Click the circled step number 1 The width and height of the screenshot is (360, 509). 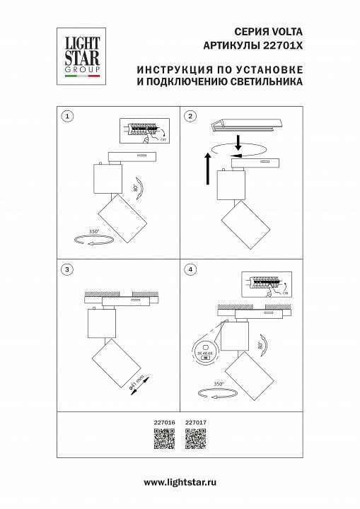point(66,115)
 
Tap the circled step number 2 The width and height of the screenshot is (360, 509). point(190,115)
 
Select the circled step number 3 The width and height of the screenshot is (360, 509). point(66,269)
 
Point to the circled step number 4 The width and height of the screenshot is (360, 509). point(190,269)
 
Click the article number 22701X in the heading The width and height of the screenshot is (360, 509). point(284,45)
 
